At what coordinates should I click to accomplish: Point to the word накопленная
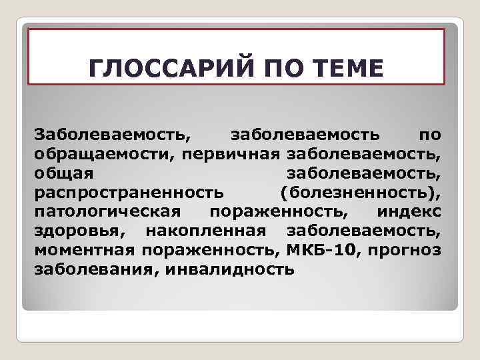tap(208, 231)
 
